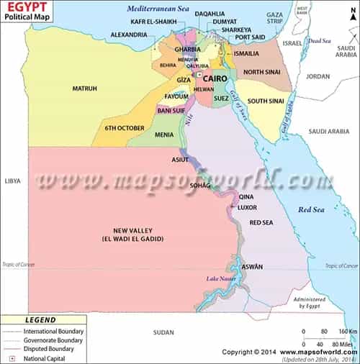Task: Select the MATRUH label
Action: pyautogui.click(x=84, y=88)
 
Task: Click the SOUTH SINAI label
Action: pyautogui.click(x=264, y=101)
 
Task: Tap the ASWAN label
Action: pyautogui.click(x=252, y=267)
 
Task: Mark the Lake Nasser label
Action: pyautogui.click(x=220, y=278)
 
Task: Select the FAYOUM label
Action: pyautogui.click(x=176, y=96)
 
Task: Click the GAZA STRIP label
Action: pyautogui.click(x=274, y=18)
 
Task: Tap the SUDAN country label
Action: pyautogui.click(x=163, y=332)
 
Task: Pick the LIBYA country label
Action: pyautogui.click(x=12, y=181)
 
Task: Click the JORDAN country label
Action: pyautogui.click(x=318, y=76)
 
